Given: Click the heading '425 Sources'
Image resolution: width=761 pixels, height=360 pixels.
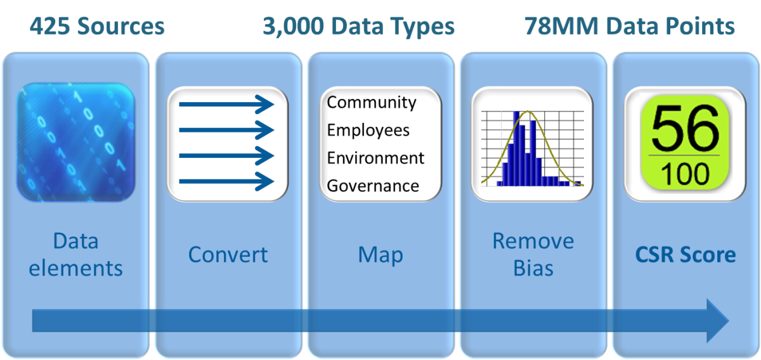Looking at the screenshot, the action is [x=97, y=26].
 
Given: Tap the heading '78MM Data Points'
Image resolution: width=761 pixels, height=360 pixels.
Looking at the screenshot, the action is [x=630, y=26].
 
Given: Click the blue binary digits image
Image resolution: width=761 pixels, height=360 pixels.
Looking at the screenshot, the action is [x=75, y=143].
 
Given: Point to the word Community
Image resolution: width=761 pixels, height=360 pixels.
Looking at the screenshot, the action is [x=372, y=103].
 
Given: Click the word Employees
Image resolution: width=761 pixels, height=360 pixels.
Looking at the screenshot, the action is [x=368, y=131].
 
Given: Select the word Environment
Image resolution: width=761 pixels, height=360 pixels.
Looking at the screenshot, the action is [x=375, y=158].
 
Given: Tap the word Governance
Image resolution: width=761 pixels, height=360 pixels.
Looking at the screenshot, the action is [x=373, y=186].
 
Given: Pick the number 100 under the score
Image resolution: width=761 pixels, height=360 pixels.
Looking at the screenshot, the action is [x=685, y=174].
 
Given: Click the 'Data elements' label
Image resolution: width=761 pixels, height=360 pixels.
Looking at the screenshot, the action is [x=75, y=255].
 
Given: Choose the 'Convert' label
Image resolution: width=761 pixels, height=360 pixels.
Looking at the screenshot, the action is [x=228, y=255].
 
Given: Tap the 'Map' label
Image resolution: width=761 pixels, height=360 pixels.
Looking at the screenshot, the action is [x=380, y=255].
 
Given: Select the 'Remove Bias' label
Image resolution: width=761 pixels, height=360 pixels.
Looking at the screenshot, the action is [x=533, y=255].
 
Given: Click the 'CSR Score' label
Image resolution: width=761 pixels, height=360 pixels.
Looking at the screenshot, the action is [x=686, y=255].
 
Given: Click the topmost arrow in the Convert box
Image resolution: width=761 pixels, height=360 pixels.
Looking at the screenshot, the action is [x=226, y=105].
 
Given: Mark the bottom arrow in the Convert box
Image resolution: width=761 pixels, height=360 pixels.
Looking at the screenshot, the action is [x=226, y=182].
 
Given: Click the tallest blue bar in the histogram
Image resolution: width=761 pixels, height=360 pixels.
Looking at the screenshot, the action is [x=516, y=148].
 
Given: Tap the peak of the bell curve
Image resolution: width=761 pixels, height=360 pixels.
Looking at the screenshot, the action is [x=528, y=111].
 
